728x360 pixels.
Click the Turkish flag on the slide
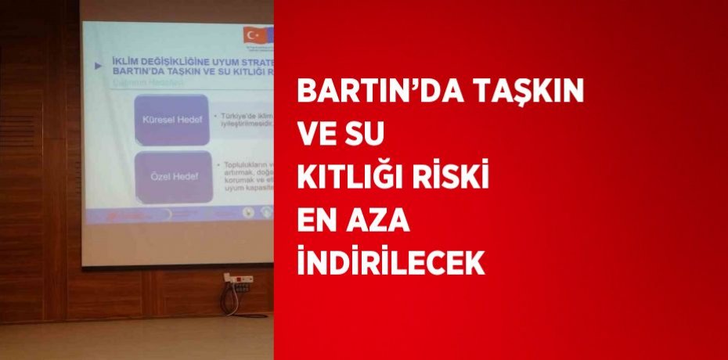[254, 35]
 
